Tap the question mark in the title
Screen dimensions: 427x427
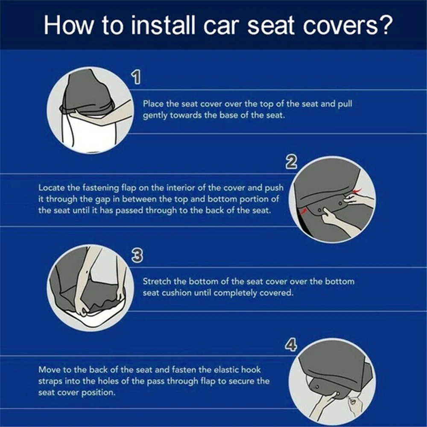tap(386, 25)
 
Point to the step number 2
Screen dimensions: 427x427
tap(291, 162)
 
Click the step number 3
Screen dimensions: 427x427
tap(137, 256)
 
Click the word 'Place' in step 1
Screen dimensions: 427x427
tap(153, 104)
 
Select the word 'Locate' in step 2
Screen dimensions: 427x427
tap(52, 187)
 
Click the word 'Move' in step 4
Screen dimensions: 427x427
tap(49, 369)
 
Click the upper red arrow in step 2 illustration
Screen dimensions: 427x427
tap(357, 190)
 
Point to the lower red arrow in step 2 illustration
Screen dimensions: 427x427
tap(303, 211)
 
